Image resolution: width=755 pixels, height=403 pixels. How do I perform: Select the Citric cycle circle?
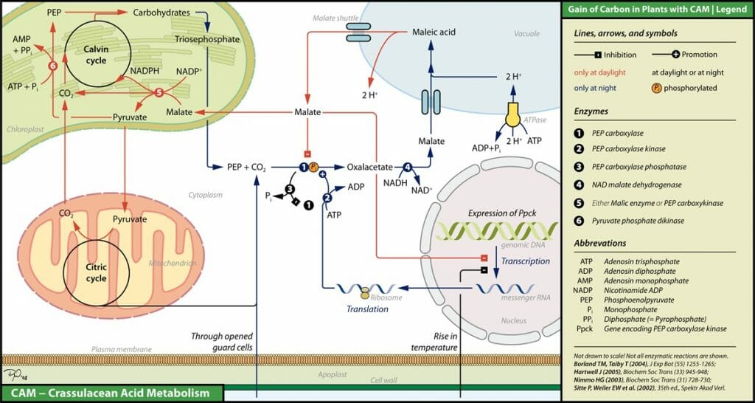[x=97, y=273]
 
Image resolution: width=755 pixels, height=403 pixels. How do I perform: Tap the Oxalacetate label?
[x=369, y=168]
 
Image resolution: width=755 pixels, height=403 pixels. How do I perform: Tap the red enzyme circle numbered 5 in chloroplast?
[x=159, y=92]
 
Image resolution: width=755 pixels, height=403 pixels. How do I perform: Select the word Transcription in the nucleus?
[x=525, y=261]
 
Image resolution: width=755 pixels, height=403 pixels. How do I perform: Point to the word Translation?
[x=367, y=309]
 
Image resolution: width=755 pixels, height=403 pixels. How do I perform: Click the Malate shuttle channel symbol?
[x=359, y=32]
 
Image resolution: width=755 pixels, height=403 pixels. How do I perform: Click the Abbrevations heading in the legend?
[x=599, y=243]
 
